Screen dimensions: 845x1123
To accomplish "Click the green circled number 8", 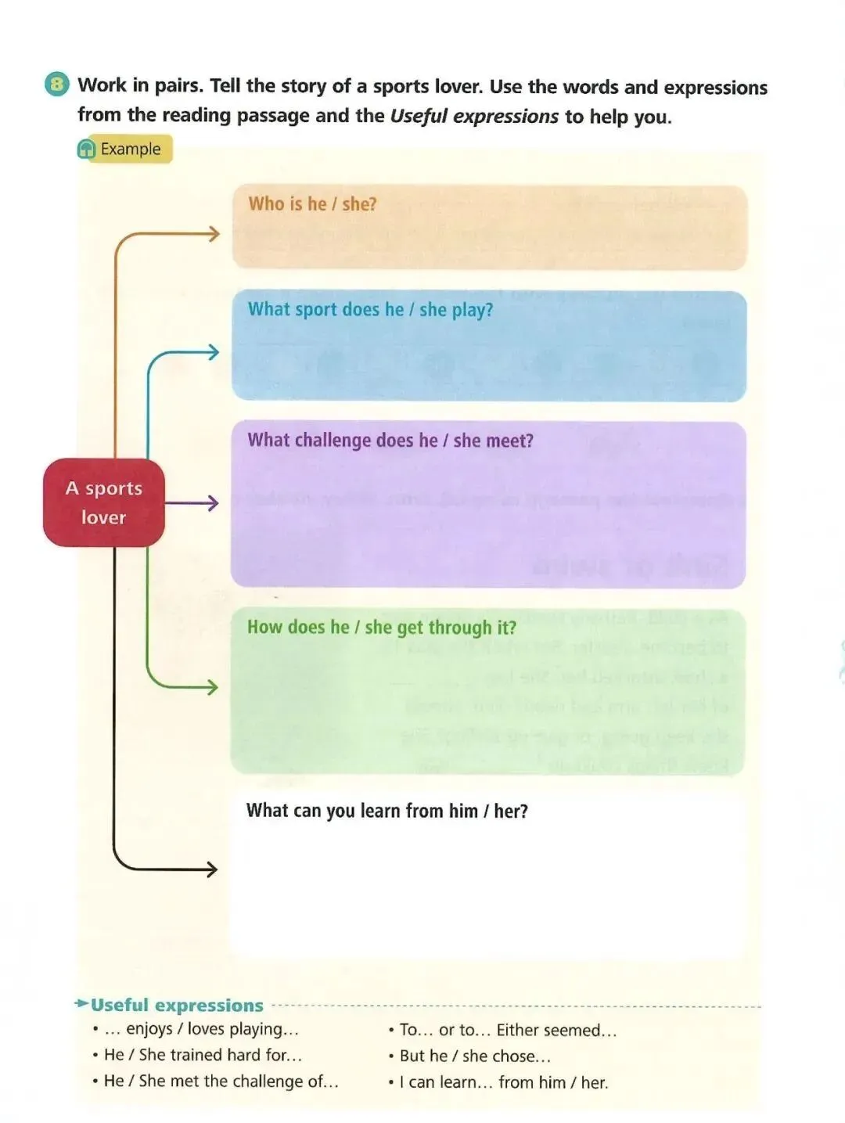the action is click(x=56, y=84).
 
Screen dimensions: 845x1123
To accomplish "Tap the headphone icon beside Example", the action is click(x=87, y=149).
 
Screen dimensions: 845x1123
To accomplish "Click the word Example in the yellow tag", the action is click(x=131, y=149).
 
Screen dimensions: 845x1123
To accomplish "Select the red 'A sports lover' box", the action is click(x=103, y=502).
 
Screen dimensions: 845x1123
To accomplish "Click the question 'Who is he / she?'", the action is click(x=312, y=204).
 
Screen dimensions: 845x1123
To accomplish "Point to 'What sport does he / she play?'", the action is click(x=370, y=310).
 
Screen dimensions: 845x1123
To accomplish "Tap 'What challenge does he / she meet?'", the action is click(x=390, y=441).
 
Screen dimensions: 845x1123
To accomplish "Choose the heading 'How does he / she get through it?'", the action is click(x=382, y=628).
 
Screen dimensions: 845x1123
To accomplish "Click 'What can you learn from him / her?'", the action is click(x=387, y=811).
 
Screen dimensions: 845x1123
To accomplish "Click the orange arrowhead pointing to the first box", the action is click(x=213, y=233).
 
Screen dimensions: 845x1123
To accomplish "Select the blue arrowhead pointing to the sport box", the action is click(x=212, y=352).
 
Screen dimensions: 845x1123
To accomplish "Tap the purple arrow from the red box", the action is click(x=192, y=503).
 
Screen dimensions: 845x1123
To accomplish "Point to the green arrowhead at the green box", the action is click(x=211, y=687).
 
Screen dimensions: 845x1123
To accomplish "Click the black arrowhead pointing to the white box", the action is click(x=210, y=869).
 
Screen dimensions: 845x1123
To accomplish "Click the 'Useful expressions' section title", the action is click(x=177, y=1005).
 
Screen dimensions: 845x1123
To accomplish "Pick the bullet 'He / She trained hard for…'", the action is click(x=203, y=1055).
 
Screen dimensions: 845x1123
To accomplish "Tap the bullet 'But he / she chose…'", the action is click(x=475, y=1056).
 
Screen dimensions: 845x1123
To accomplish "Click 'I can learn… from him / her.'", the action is click(x=503, y=1082).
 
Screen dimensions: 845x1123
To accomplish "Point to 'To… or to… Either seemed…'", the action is click(x=508, y=1030).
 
